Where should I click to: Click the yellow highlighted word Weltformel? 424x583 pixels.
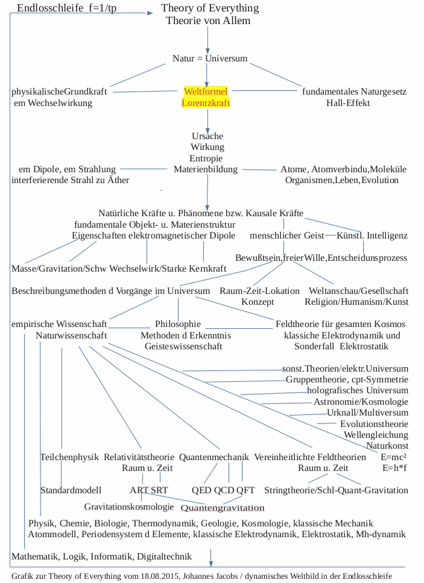pyautogui.click(x=206, y=92)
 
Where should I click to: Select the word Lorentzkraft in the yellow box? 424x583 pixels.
pyautogui.click(x=206, y=103)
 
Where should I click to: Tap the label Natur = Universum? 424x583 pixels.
pyautogui.click(x=210, y=58)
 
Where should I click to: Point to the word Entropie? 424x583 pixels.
pyautogui.click(x=207, y=158)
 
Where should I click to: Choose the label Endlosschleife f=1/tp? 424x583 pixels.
pyautogui.click(x=67, y=8)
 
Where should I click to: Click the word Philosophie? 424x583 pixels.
pyautogui.click(x=178, y=324)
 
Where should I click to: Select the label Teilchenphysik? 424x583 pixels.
pyautogui.click(x=69, y=457)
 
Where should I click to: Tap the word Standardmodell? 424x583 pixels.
pyautogui.click(x=71, y=490)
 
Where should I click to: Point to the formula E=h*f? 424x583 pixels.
pyautogui.click(x=394, y=468)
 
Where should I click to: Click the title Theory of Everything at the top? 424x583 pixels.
pyautogui.click(x=210, y=8)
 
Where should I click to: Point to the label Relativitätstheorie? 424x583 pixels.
pyautogui.click(x=139, y=457)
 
